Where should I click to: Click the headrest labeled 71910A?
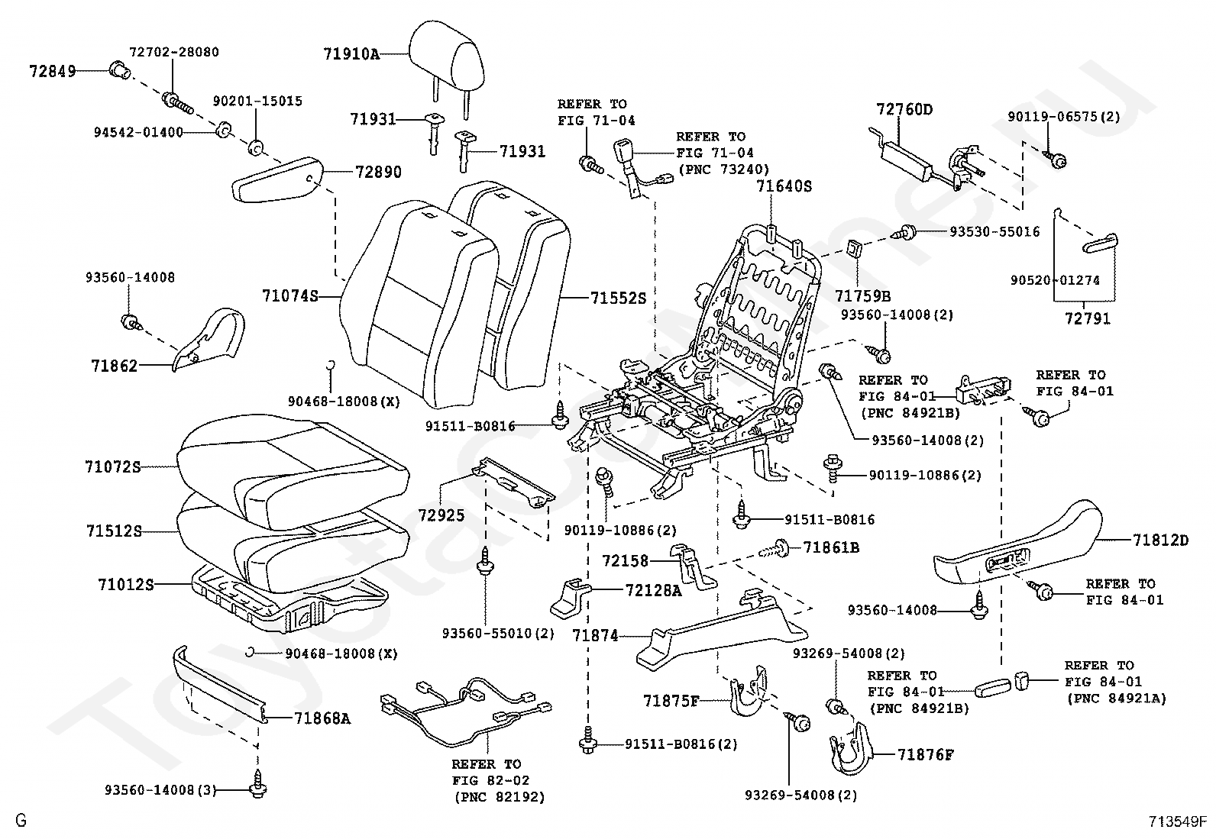pos(447,53)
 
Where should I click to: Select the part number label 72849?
pos(53,72)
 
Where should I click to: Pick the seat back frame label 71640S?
pos(784,186)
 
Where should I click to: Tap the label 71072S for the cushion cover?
pos(112,466)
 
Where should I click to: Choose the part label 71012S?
pos(125,585)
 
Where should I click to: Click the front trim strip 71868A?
pos(222,683)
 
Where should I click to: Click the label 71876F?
pos(926,755)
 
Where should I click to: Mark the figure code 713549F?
pos(1177,822)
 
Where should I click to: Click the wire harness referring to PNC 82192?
pos(466,714)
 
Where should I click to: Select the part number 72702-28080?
pos(173,53)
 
